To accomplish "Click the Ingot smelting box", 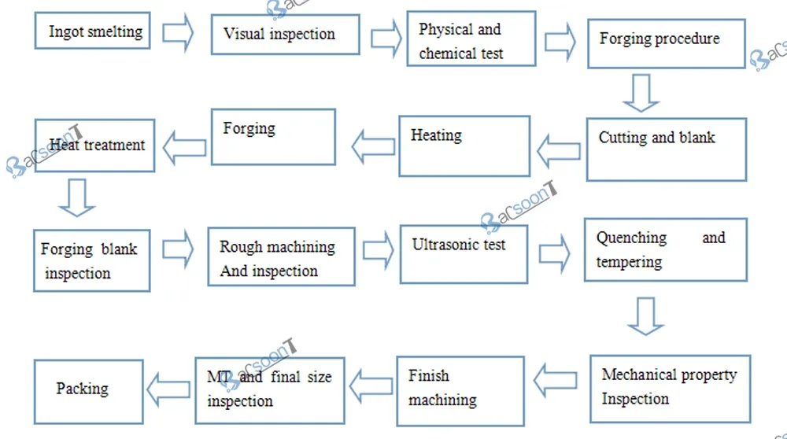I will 93,31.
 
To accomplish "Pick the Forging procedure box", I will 666,44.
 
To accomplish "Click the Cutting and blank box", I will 666,149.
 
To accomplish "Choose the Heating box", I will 464,146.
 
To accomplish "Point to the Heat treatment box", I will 94,145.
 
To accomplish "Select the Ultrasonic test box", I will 464,253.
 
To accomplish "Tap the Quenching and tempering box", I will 666,249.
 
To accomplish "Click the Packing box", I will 88,391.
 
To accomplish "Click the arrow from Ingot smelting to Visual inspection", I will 178,33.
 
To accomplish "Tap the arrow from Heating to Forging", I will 373,146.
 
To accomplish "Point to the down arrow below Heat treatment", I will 77,197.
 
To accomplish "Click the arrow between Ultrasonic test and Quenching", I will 556,253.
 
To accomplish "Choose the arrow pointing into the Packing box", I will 169,388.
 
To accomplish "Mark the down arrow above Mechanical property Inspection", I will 645,315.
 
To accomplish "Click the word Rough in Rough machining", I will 242,246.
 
